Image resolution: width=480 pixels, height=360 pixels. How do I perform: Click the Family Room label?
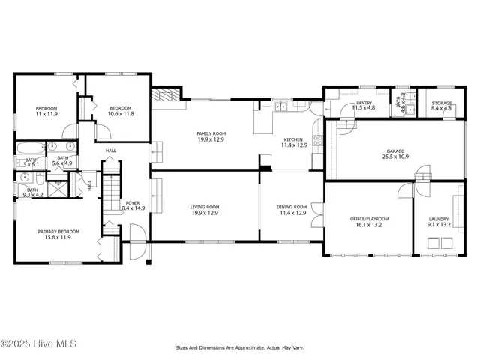[211, 133]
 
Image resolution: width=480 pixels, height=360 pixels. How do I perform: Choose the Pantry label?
[364, 103]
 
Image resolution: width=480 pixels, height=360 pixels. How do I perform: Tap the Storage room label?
[442, 103]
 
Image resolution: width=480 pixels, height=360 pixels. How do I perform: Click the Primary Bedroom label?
[58, 232]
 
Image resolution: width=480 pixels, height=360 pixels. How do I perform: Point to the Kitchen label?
[293, 139]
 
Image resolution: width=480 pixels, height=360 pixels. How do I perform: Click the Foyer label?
[133, 202]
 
